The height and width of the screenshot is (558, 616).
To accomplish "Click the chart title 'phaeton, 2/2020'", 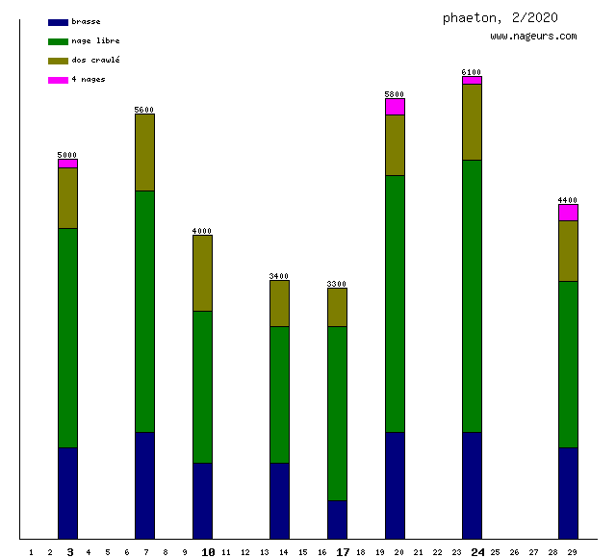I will point(500,17).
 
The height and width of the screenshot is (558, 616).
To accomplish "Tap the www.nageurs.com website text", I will point(533,36).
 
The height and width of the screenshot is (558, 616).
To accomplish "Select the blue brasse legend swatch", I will point(58,22).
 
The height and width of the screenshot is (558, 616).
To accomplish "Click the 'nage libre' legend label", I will point(95,40).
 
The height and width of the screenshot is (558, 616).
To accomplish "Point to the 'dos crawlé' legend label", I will point(95,60).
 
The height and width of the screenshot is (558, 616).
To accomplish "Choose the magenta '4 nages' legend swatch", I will point(58,80).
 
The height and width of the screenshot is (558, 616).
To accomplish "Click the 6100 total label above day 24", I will point(472,72).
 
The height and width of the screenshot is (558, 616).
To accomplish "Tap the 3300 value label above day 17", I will point(337,284).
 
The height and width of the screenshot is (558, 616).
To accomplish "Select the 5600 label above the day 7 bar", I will point(144,110).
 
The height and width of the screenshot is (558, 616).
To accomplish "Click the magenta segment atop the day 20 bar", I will point(395,107).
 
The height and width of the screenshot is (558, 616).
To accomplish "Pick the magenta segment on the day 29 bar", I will point(568,213).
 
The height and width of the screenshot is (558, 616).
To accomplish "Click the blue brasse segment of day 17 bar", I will point(337,520).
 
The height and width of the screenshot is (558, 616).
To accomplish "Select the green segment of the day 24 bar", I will point(472,295).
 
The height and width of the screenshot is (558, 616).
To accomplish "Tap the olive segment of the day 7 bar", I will point(144,152).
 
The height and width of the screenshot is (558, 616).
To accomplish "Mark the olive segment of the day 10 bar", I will point(202,273).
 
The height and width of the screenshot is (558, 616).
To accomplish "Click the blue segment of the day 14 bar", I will point(279,500).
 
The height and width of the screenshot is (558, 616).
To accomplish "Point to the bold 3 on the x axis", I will point(69,552).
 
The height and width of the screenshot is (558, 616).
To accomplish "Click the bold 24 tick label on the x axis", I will point(477,552).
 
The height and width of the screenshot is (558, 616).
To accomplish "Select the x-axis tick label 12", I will point(244,552).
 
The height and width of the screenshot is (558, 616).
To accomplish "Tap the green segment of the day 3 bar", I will point(67,338).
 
